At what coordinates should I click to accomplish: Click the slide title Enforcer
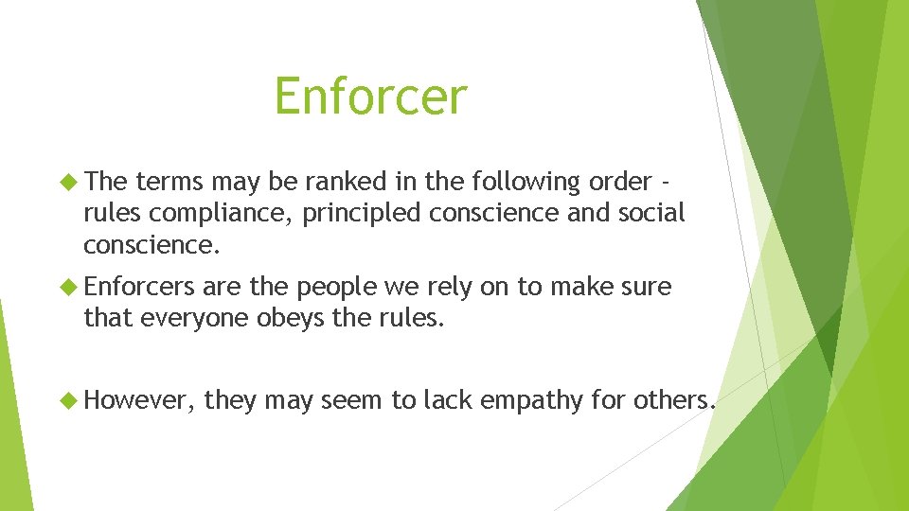[x=370, y=97]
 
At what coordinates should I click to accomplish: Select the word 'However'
[x=140, y=400]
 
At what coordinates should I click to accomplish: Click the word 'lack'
[x=447, y=400]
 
